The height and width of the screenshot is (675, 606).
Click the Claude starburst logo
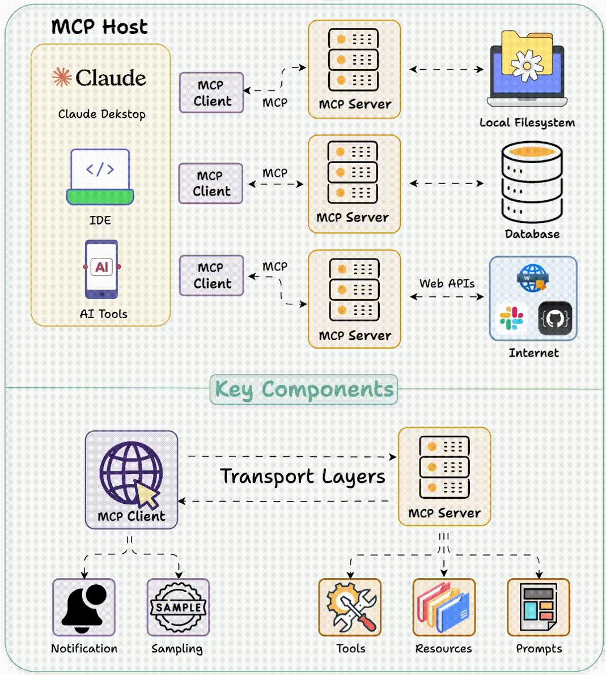tap(62, 77)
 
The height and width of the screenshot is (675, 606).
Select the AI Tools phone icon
tap(101, 269)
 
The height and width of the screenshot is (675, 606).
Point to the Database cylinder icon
tap(532, 182)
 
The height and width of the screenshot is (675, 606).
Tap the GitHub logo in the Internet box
tap(555, 319)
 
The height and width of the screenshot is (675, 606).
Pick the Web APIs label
tap(447, 283)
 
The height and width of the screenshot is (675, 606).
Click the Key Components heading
tap(304, 389)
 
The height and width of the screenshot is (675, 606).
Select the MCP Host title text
tap(99, 27)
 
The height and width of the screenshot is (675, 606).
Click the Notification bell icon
tap(84, 607)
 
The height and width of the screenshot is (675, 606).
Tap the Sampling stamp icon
tap(178, 607)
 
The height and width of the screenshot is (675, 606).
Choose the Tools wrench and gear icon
tap(350, 607)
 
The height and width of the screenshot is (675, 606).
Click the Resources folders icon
tap(444, 607)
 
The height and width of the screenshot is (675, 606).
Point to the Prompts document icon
tap(538, 607)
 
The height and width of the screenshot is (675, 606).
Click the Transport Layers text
tap(302, 476)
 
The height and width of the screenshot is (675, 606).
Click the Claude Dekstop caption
tap(102, 114)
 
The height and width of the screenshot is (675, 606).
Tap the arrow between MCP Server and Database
tap(447, 183)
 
